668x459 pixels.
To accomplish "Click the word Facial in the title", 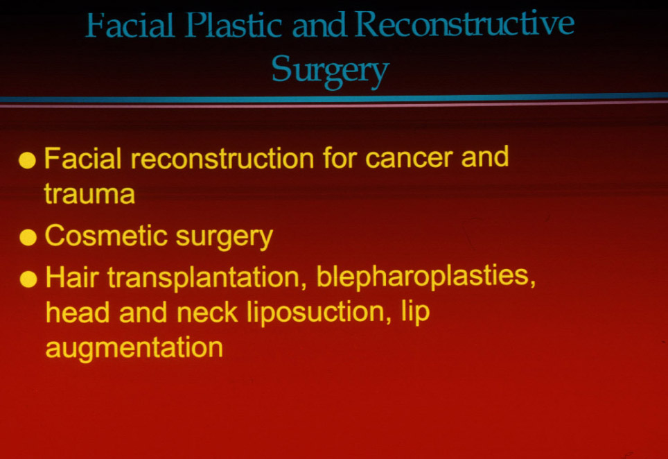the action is [x=130, y=25].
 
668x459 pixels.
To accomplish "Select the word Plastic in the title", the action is [x=234, y=25].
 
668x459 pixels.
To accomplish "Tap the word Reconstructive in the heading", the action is [x=464, y=23].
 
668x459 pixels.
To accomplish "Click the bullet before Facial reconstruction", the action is [x=27, y=160].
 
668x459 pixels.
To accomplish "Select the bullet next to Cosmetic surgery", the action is [x=28, y=237].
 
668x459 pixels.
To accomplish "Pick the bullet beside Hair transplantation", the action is [x=28, y=279].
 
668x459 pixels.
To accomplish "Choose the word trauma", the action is [x=89, y=194].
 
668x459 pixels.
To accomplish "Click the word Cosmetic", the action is [x=106, y=236].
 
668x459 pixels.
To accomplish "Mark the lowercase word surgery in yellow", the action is [x=224, y=238].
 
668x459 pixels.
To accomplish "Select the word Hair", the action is [x=72, y=277].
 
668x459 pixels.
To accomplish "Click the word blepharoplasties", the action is [x=425, y=277].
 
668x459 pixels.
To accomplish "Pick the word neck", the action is [x=206, y=313].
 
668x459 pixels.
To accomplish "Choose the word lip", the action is [x=415, y=313].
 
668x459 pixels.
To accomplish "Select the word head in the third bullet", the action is [x=78, y=313].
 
